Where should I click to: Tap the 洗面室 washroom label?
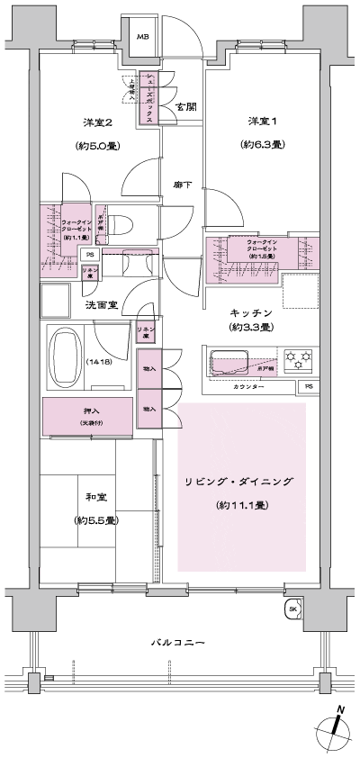point(103,305)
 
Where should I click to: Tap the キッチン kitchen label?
point(251,311)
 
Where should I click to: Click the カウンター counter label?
point(248,386)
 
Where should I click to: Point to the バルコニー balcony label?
point(177,643)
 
